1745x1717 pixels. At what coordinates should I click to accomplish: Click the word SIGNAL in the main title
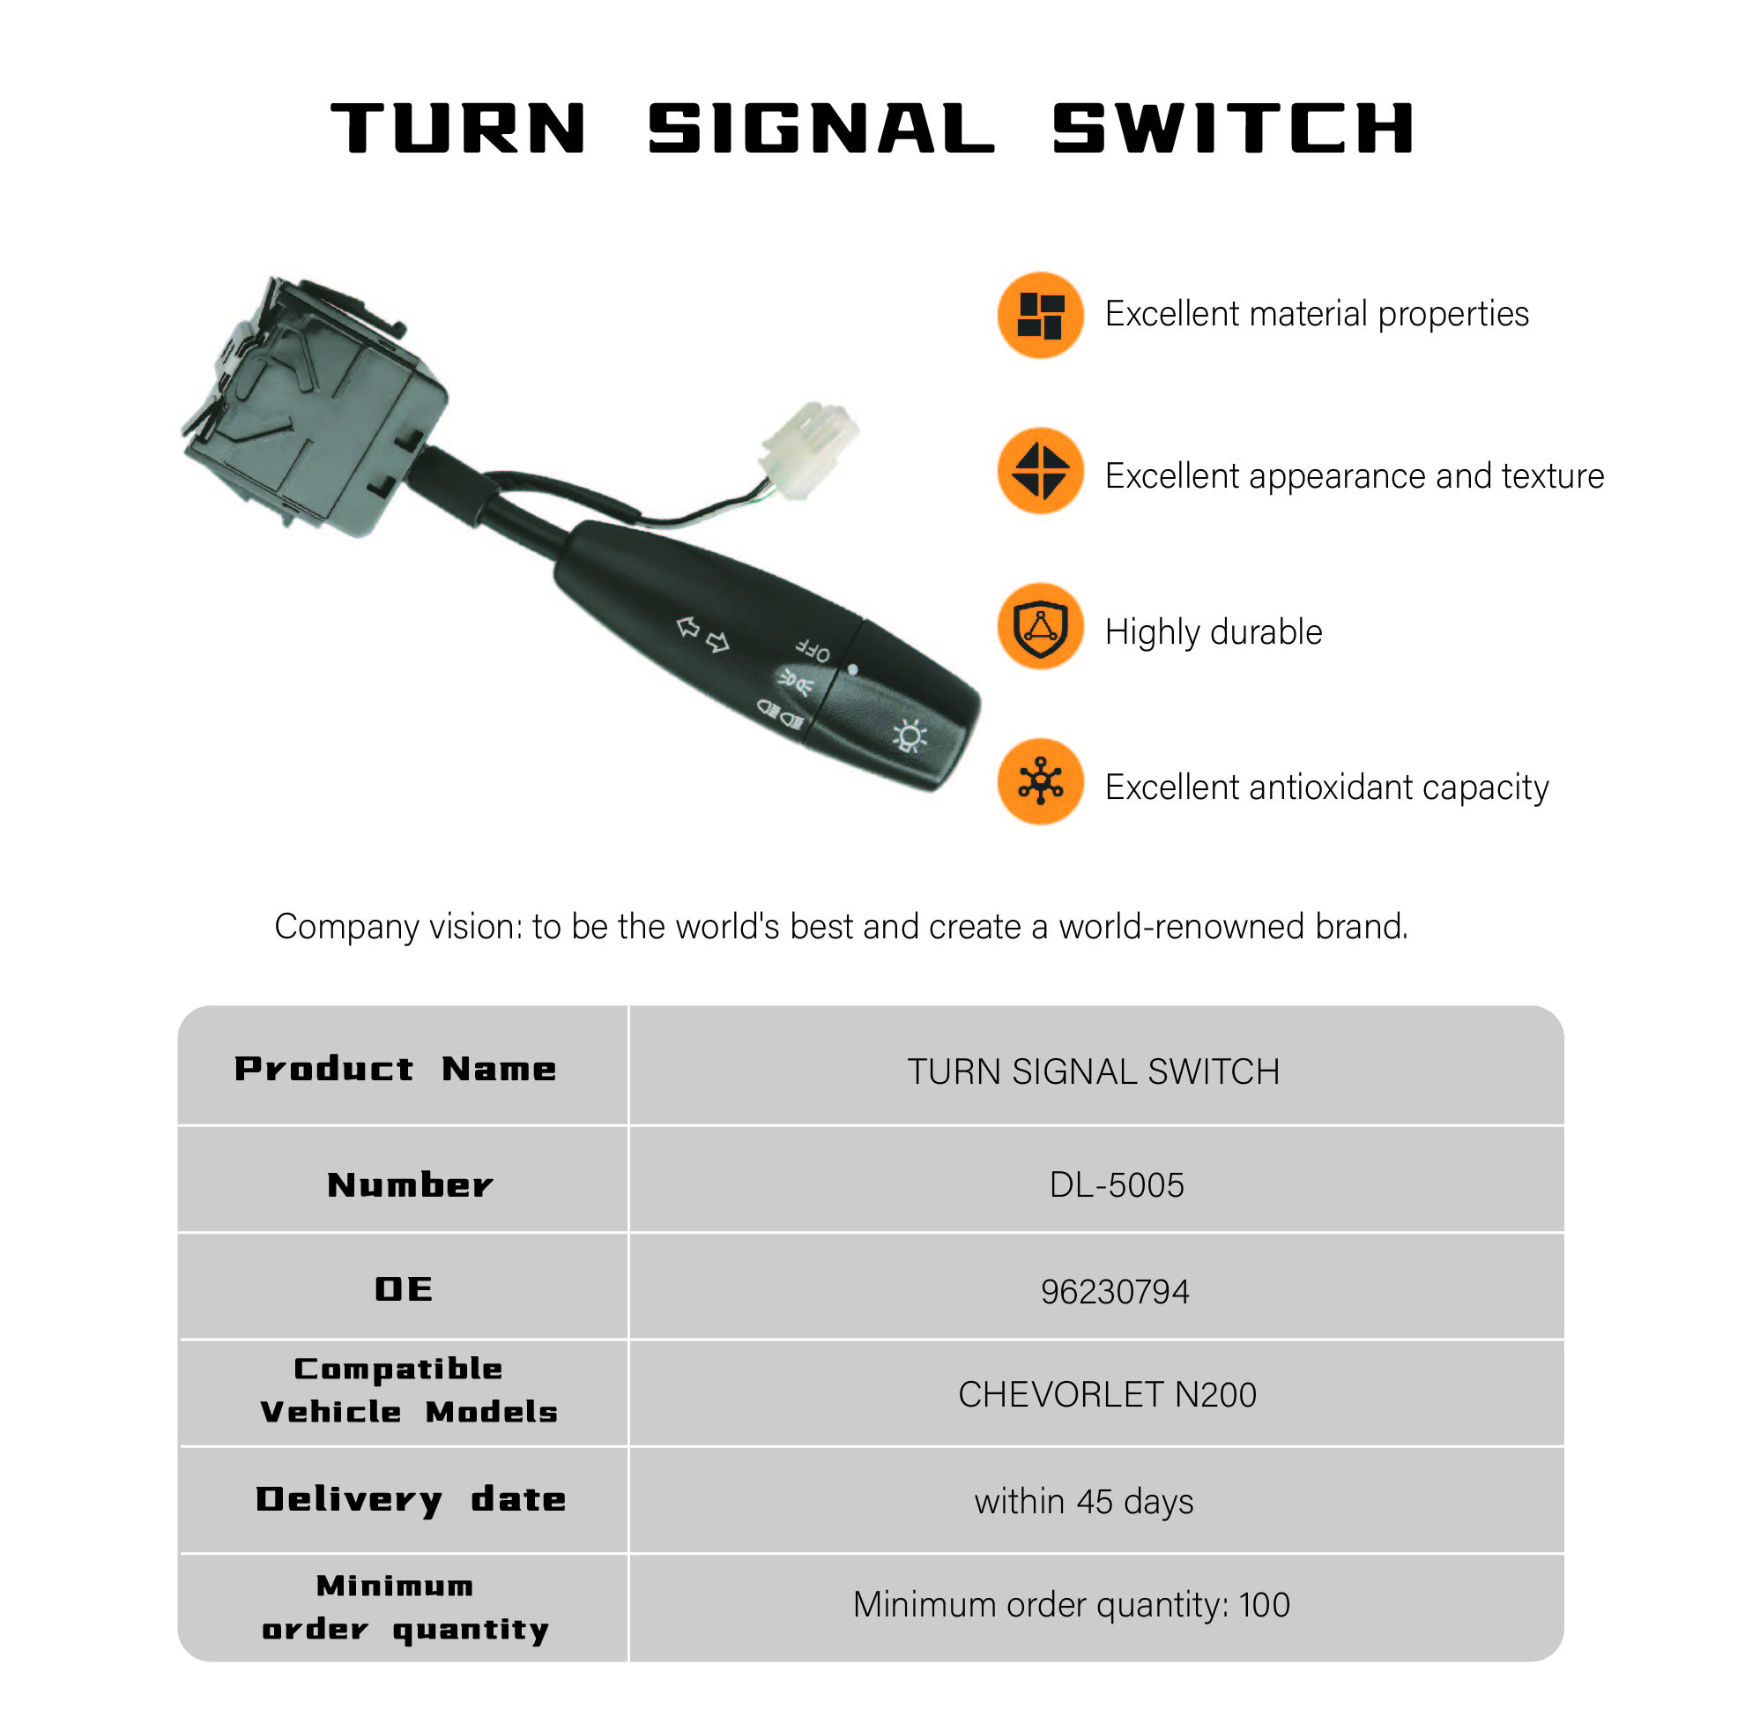(x=821, y=129)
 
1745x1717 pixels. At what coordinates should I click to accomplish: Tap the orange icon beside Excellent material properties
(x=1040, y=315)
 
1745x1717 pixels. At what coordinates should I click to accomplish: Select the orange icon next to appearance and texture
(x=1040, y=471)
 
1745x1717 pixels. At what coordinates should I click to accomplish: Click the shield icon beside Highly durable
(x=1040, y=626)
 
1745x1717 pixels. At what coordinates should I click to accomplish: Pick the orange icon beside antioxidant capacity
(x=1040, y=781)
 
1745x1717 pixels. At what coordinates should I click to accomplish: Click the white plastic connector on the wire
(x=807, y=447)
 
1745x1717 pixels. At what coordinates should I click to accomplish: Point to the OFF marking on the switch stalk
(x=812, y=649)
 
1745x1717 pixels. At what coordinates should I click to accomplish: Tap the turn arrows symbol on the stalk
(x=702, y=634)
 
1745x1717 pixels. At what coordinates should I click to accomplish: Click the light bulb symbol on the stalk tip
(x=909, y=735)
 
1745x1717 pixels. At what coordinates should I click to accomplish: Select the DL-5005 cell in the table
(x=1116, y=1184)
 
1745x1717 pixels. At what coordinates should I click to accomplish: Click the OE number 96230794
(x=1114, y=1291)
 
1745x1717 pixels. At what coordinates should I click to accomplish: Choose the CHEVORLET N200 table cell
(x=1107, y=1394)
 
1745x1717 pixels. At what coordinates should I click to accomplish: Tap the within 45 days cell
(x=1083, y=1502)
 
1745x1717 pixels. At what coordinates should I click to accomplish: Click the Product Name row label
(x=396, y=1069)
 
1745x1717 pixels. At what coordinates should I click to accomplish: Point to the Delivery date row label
(x=411, y=1500)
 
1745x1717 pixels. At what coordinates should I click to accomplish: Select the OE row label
(x=404, y=1289)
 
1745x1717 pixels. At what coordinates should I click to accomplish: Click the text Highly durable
(x=1214, y=632)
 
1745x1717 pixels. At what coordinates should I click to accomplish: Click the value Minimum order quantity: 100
(x=1072, y=1605)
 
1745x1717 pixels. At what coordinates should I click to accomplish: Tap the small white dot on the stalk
(x=853, y=670)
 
